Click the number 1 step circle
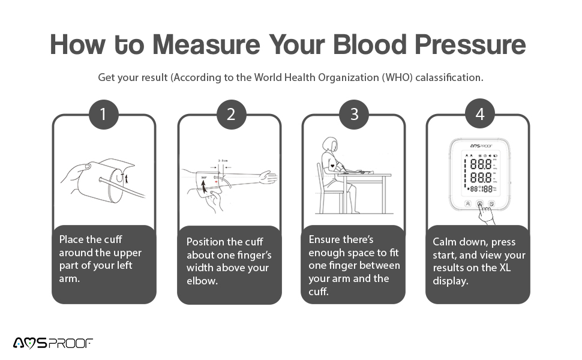[103, 114]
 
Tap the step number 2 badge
[231, 114]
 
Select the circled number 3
[354, 114]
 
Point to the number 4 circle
[479, 114]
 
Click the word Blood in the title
[348, 44]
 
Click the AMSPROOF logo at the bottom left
[53, 343]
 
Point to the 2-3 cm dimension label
[223, 160]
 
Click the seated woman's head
[329, 145]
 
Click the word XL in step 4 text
[505, 268]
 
